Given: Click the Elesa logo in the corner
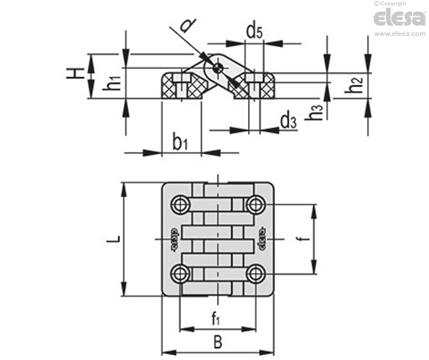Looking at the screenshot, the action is [400, 18].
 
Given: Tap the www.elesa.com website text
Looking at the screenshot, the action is [400, 33].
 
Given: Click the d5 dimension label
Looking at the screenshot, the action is [255, 31].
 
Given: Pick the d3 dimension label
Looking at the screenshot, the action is [288, 121].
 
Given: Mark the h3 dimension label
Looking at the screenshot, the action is [314, 112].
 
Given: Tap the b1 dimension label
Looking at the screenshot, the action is [180, 143].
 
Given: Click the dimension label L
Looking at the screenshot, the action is [114, 239].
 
